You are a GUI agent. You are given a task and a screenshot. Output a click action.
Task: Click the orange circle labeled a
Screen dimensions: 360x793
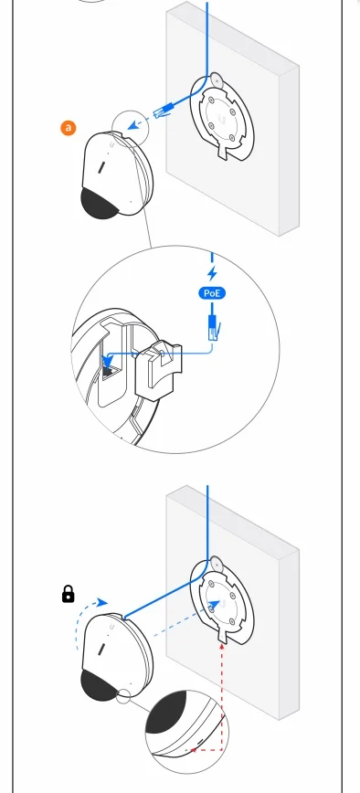(x=68, y=128)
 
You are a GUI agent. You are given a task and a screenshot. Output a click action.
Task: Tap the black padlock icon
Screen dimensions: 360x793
(x=68, y=594)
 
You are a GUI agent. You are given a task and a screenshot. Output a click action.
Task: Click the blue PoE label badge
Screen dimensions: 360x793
(x=212, y=293)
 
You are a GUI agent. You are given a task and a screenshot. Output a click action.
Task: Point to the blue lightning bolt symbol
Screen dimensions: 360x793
(x=212, y=273)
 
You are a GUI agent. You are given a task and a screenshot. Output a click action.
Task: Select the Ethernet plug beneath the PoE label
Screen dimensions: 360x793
(x=212, y=326)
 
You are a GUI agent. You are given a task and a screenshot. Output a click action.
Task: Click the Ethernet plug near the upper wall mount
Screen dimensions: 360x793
(x=164, y=111)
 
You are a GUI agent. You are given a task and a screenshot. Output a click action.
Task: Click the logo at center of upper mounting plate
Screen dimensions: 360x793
(x=221, y=120)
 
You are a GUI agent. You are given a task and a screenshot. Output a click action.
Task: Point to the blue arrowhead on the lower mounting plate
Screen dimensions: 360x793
(x=214, y=605)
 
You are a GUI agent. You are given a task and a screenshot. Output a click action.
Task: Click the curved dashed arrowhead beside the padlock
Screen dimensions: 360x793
(x=102, y=602)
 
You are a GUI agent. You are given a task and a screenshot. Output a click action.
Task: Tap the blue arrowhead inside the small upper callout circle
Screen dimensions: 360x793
(x=133, y=124)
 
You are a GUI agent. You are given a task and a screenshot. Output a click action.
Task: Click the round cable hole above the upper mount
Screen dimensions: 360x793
(x=217, y=79)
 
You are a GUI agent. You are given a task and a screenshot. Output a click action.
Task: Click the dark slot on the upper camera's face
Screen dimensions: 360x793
(x=101, y=167)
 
